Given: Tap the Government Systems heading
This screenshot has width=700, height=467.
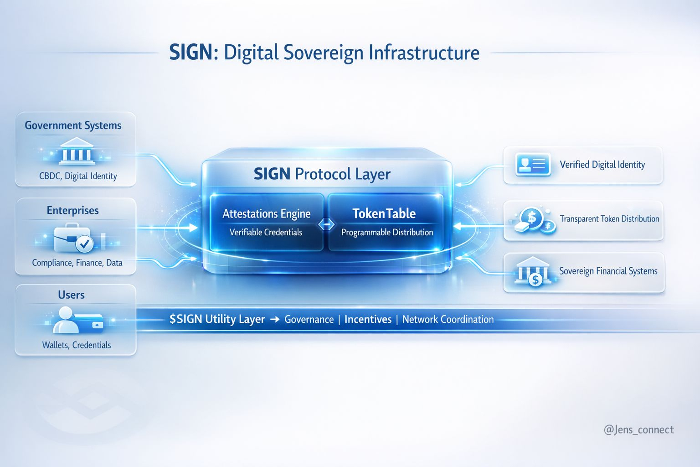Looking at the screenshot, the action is coord(73,125).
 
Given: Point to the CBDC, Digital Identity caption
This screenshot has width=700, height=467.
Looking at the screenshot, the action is coord(78,176).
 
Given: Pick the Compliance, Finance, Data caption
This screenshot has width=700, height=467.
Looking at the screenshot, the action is coord(77,263).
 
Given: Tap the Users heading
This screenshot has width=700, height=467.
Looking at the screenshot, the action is coord(71,295).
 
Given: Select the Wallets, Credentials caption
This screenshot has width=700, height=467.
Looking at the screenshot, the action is coord(77,345).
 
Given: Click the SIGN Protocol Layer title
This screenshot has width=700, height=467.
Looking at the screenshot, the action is coord(322,174).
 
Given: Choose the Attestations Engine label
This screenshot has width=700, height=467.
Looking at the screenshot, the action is coord(267,213).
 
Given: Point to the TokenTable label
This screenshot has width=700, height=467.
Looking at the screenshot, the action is coord(384,213).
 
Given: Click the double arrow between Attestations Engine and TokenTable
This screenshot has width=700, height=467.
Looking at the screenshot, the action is coord(326,224).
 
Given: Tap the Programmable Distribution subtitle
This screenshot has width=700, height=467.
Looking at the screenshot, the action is coord(387,232).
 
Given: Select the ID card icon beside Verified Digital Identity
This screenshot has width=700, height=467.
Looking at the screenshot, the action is coord(532,164).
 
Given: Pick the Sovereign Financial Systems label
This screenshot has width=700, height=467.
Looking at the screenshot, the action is coord(608,271).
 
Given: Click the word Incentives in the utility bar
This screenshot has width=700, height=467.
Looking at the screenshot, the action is coord(368,319).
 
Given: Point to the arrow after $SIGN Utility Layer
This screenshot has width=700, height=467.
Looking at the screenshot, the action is coord(274,319).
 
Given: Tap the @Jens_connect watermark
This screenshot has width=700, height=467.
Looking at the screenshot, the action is coord(638,430).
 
